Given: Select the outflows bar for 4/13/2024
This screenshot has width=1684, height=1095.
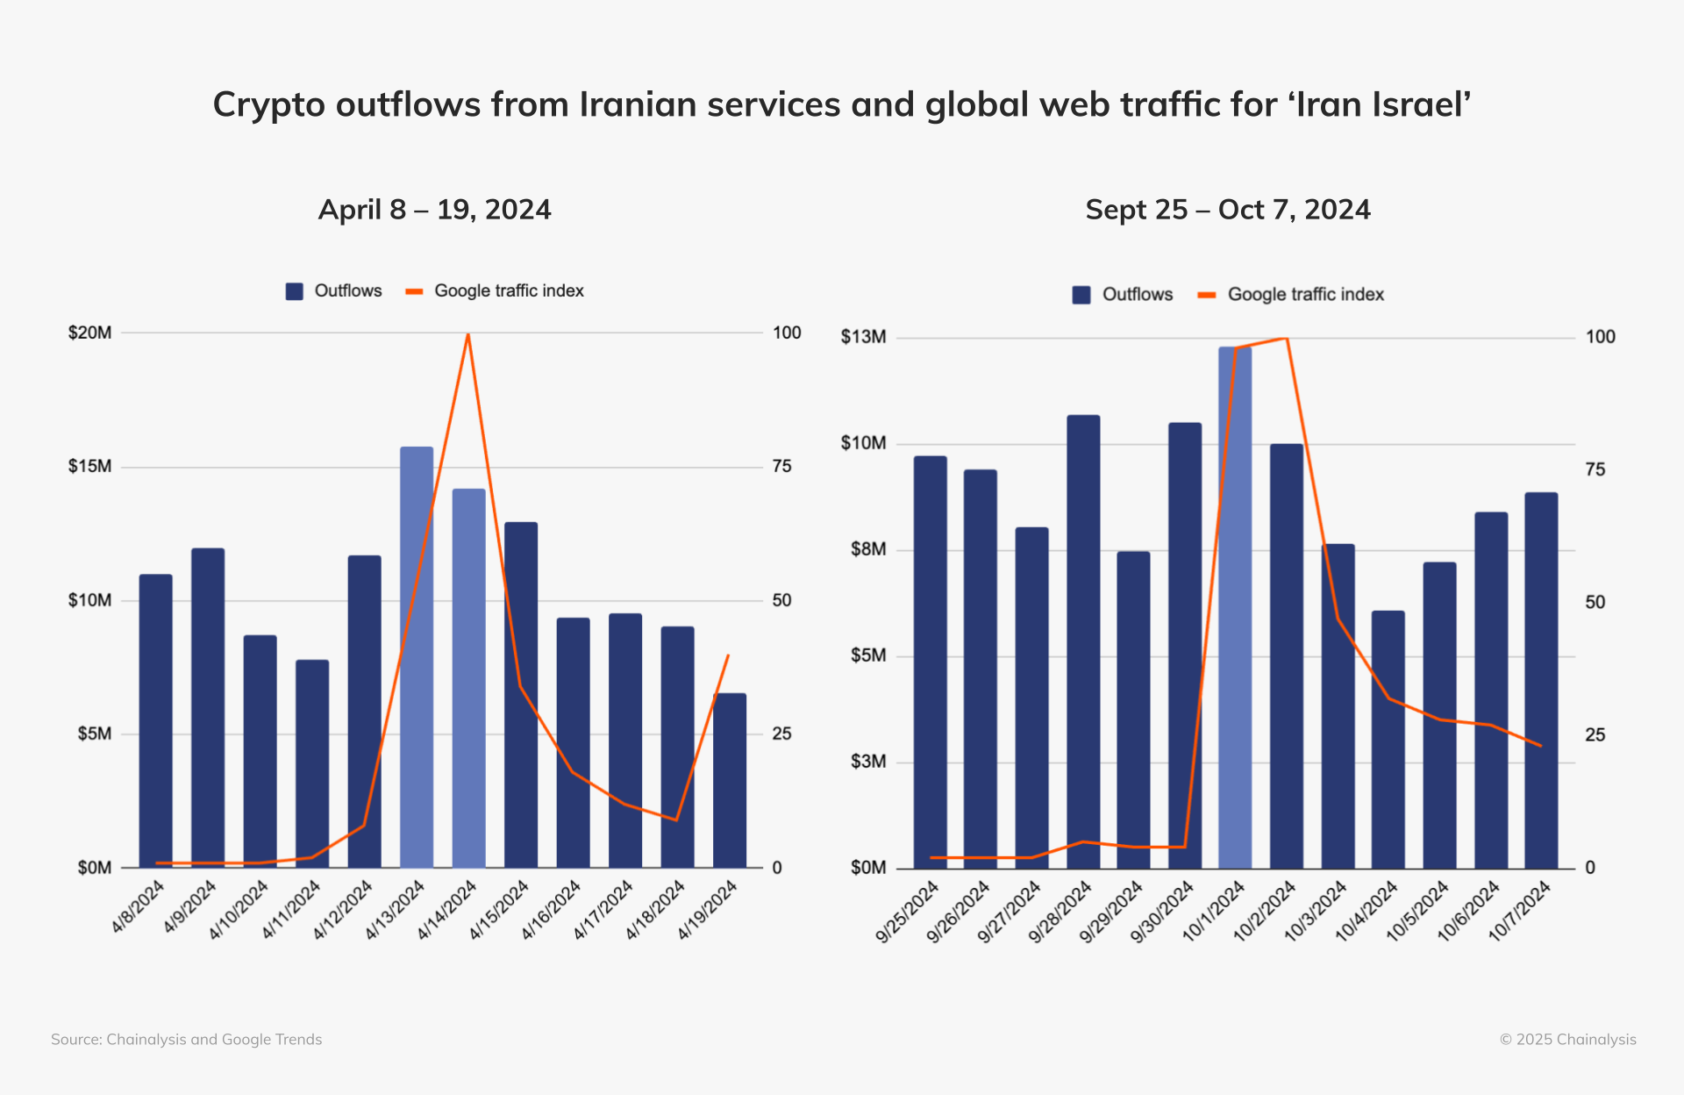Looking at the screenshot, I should tap(417, 658).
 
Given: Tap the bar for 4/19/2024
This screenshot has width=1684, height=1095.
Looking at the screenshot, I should tap(729, 781).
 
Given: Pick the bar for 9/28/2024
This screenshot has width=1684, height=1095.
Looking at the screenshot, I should tap(1083, 641).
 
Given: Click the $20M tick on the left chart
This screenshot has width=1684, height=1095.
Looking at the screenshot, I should tap(90, 333).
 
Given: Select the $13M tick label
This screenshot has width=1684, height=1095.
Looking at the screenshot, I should tap(863, 337).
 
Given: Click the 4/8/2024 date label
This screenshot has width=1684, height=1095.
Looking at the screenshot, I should tap(139, 907).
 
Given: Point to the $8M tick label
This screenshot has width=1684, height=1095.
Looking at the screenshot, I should tap(868, 549).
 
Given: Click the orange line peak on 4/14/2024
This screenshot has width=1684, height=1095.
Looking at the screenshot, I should tap(468, 334).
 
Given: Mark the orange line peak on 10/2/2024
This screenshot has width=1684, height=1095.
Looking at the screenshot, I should tap(1286, 338).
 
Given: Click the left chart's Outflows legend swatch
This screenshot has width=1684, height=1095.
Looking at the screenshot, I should tap(294, 291).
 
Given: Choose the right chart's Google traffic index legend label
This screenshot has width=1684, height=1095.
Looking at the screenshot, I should tap(1305, 295).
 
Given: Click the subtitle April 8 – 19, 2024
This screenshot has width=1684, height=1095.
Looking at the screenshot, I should tap(434, 210).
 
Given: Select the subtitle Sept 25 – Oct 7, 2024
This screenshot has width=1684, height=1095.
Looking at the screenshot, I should tap(1227, 210).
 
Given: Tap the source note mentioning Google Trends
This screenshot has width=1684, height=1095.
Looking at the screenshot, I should tap(186, 1040).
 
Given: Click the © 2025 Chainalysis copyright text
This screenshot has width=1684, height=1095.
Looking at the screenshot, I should tap(1567, 1040).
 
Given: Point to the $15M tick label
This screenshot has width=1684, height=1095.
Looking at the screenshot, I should tap(90, 467).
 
